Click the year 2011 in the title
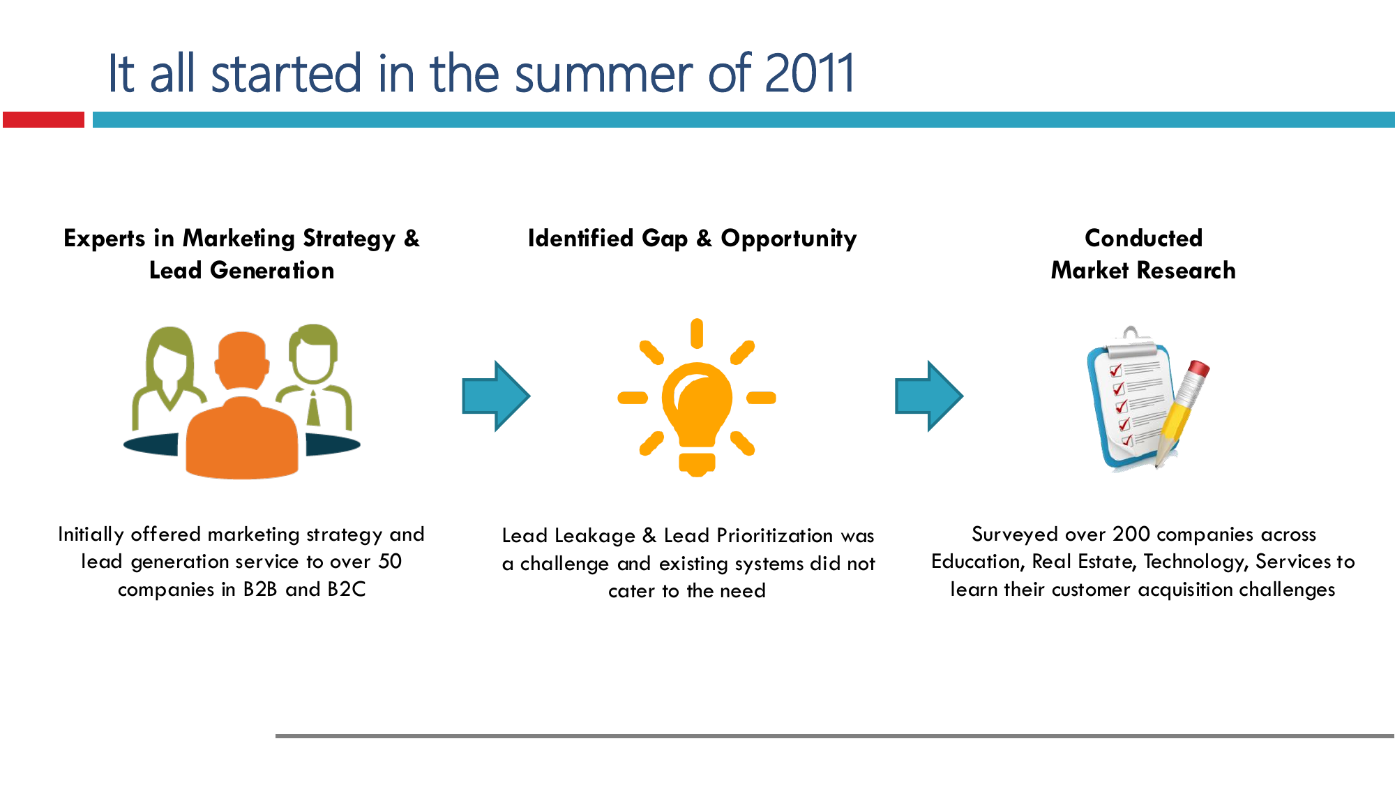click(x=809, y=73)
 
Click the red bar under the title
click(x=43, y=119)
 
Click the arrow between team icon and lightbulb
click(x=496, y=396)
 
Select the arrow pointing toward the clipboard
click(x=929, y=396)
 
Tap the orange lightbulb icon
click(x=697, y=398)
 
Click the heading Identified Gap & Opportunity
click(x=692, y=239)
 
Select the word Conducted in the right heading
click(x=1143, y=238)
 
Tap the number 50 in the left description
click(x=390, y=561)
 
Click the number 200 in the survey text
click(x=1131, y=534)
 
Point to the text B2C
click(x=347, y=589)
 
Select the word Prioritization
click(x=775, y=535)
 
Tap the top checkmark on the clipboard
click(x=1115, y=370)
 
